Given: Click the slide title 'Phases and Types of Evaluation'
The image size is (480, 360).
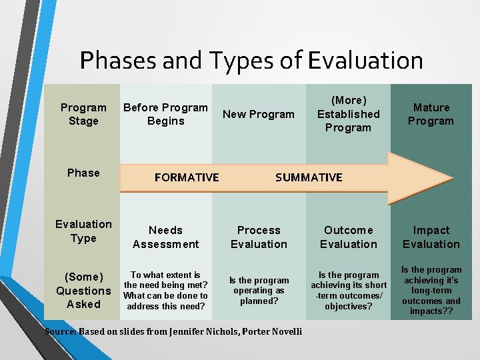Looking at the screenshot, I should pyautogui.click(x=251, y=60).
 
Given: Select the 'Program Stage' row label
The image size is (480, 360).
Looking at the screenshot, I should pyautogui.click(x=83, y=114).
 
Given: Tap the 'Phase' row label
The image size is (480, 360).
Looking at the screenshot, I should pyautogui.click(x=83, y=173).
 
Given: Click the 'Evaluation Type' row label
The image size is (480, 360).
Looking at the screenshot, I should pyautogui.click(x=83, y=231).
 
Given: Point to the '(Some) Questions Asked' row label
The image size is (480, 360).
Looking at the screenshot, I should pyautogui.click(x=83, y=290).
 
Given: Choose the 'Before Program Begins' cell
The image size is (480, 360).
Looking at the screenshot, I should pyautogui.click(x=165, y=114).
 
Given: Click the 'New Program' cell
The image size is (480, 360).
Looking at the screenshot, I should pyautogui.click(x=259, y=114).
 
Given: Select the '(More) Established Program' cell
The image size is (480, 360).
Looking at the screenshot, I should pyautogui.click(x=348, y=114).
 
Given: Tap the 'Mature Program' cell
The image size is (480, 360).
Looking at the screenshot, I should pyautogui.click(x=431, y=114).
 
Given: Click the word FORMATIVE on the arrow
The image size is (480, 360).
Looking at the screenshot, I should pyautogui.click(x=187, y=177).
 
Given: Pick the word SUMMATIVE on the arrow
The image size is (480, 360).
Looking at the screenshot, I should pyautogui.click(x=309, y=177).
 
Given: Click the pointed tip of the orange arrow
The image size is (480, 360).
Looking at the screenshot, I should pyautogui.click(x=450, y=178).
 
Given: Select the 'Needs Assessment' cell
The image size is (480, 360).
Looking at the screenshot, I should pyautogui.click(x=165, y=237).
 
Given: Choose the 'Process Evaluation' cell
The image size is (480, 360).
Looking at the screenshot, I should pyautogui.click(x=259, y=237).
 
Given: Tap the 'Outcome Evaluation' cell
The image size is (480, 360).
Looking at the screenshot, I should pyautogui.click(x=348, y=237).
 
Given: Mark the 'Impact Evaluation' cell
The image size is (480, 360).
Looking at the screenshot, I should pyautogui.click(x=431, y=237).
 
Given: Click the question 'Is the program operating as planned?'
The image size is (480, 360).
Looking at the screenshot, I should pyautogui.click(x=259, y=291).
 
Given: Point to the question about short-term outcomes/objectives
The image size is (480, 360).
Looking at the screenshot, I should pyautogui.click(x=348, y=291).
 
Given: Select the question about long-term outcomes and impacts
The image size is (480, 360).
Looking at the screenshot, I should pyautogui.click(x=431, y=291).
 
